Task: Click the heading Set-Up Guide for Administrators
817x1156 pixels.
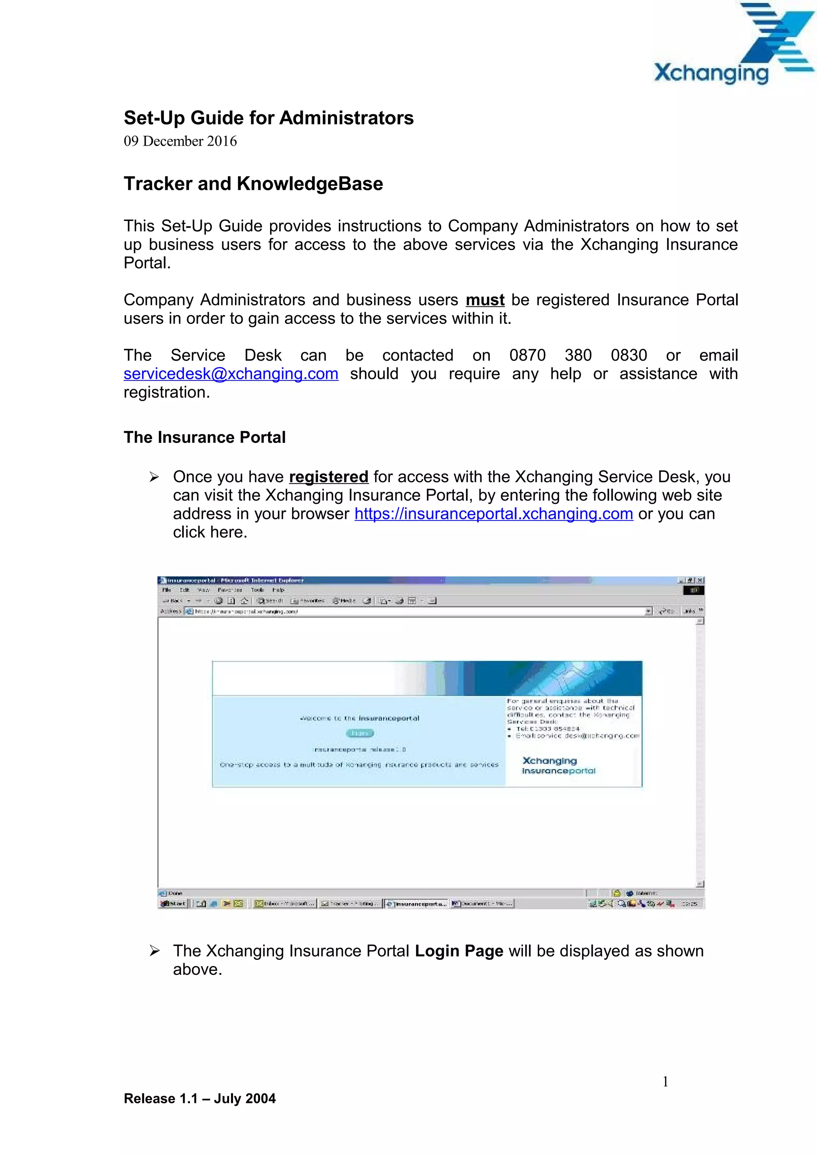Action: pos(268,118)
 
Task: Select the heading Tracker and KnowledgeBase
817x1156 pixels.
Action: pos(253,184)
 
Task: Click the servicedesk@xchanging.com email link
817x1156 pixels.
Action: pos(231,374)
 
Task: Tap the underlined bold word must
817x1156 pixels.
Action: pos(485,300)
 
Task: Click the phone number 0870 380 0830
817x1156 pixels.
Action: pos(578,355)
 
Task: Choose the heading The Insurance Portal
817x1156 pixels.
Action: pos(204,437)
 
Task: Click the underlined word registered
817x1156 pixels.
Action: pos(328,477)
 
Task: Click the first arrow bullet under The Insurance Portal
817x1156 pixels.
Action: pos(154,477)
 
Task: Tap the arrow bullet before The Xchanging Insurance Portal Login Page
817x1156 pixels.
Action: pos(154,951)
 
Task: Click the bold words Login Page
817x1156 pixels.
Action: pos(459,951)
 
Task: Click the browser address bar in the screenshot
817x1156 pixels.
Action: pos(418,611)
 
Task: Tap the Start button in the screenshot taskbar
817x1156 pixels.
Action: pos(173,904)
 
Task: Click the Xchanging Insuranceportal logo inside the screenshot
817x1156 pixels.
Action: pos(558,765)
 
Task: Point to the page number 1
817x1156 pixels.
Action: pos(665,1081)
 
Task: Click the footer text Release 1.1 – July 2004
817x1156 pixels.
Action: pos(199,1099)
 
